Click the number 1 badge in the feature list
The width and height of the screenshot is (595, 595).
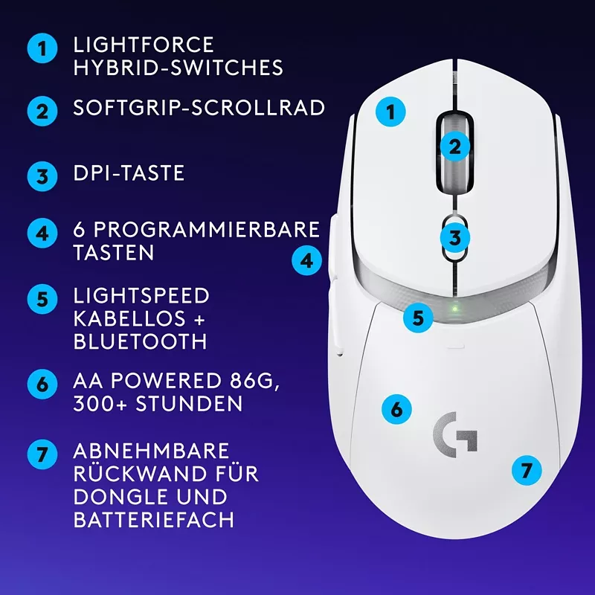42,48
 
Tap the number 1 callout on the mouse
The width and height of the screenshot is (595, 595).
390,112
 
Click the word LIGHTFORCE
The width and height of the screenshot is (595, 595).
144,45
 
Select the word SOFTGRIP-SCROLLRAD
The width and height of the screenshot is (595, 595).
199,108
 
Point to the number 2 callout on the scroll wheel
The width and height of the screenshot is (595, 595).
455,147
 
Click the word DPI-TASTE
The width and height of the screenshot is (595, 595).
129,173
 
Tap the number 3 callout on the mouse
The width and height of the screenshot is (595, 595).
455,238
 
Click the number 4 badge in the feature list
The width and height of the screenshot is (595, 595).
42,233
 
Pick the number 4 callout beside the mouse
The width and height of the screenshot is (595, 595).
306,261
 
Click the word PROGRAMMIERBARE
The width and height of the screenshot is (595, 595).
207,230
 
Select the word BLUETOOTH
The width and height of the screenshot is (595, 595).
141,341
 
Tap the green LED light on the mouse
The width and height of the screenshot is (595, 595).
455,308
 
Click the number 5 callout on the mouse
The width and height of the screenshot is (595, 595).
418,318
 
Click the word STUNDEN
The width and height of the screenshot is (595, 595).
189,403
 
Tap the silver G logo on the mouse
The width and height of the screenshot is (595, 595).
455,435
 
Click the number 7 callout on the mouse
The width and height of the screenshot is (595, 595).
527,470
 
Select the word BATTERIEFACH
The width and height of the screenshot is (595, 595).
154,519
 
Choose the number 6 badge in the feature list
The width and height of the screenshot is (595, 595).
42,384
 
